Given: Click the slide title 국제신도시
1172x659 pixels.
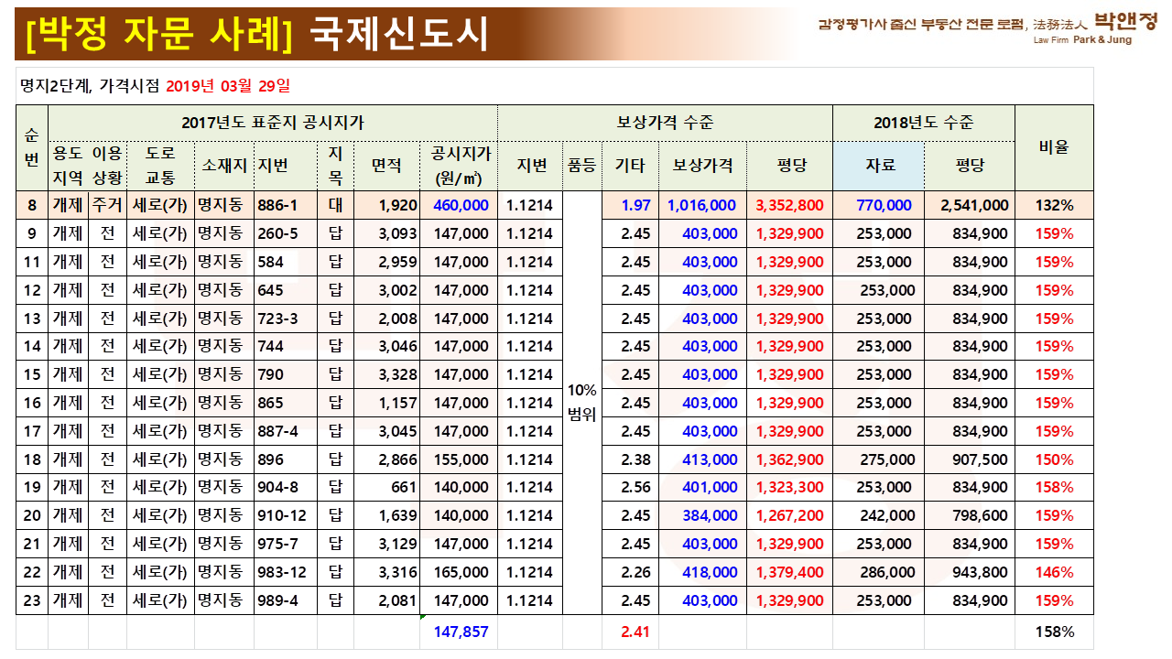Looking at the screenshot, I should point(400,34).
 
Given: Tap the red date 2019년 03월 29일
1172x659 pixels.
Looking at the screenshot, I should point(228,86).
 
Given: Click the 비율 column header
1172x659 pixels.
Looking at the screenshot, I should point(1054,146).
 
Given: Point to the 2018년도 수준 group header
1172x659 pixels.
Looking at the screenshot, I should point(923,123).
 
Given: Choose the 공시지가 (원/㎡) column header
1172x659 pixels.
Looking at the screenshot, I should point(459,166).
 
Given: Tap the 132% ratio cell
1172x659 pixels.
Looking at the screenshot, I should point(1054,205).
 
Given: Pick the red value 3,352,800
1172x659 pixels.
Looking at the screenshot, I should point(789,205).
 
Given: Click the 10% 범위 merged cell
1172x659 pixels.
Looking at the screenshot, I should point(581,402).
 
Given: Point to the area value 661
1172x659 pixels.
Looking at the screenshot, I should point(403,487).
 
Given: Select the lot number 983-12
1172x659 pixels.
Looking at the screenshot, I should point(283,572).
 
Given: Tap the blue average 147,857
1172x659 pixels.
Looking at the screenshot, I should point(461,632).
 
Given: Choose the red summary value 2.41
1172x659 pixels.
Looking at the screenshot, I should point(635,632).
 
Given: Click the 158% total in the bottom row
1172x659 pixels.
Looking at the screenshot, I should point(1054,632).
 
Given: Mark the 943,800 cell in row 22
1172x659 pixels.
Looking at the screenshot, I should point(980,572).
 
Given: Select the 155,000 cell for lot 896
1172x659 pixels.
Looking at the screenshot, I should point(461,459).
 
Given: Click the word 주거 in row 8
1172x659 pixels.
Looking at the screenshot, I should point(107,205).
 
